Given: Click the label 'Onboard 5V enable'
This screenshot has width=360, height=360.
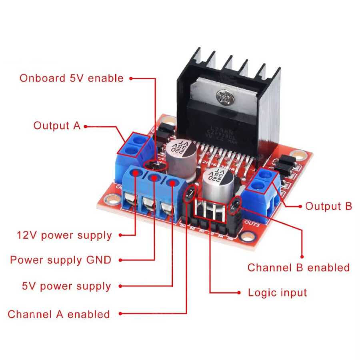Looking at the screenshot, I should tap(72, 78).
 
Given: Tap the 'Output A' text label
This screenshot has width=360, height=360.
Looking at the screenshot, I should tap(57, 126).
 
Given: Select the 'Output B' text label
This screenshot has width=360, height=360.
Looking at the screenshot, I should tap(328, 206).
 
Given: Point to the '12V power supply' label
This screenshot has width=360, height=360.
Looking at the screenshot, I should tap(64, 235).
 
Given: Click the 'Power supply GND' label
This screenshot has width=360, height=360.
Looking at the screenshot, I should tap(60, 260).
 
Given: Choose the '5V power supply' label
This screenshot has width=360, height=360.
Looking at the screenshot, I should tap(66, 286).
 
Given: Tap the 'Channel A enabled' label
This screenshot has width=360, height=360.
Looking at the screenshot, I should tap(59, 314).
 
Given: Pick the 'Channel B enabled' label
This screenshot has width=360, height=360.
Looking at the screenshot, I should tap(298, 267).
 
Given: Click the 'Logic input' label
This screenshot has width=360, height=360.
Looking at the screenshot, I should tap(278, 292).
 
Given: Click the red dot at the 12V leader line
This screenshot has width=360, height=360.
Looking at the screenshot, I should tap(136, 173).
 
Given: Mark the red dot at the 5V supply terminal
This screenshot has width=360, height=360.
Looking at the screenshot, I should tap(172, 183).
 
